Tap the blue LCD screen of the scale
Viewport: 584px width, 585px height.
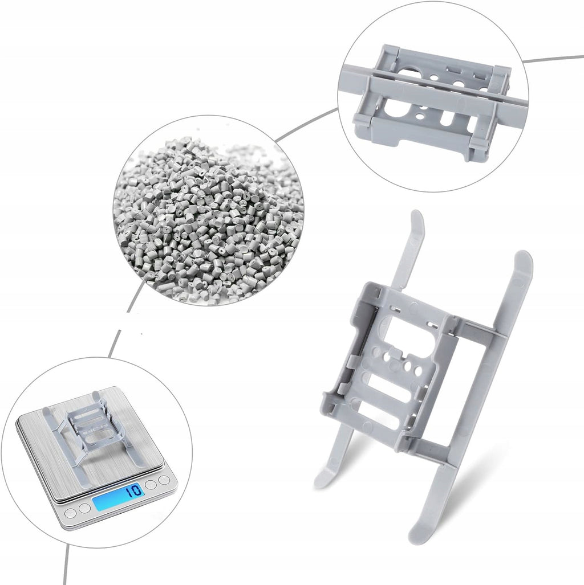[x=119, y=497]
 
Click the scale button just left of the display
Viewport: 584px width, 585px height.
[x=85, y=508]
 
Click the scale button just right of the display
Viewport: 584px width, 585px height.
[x=151, y=485]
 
